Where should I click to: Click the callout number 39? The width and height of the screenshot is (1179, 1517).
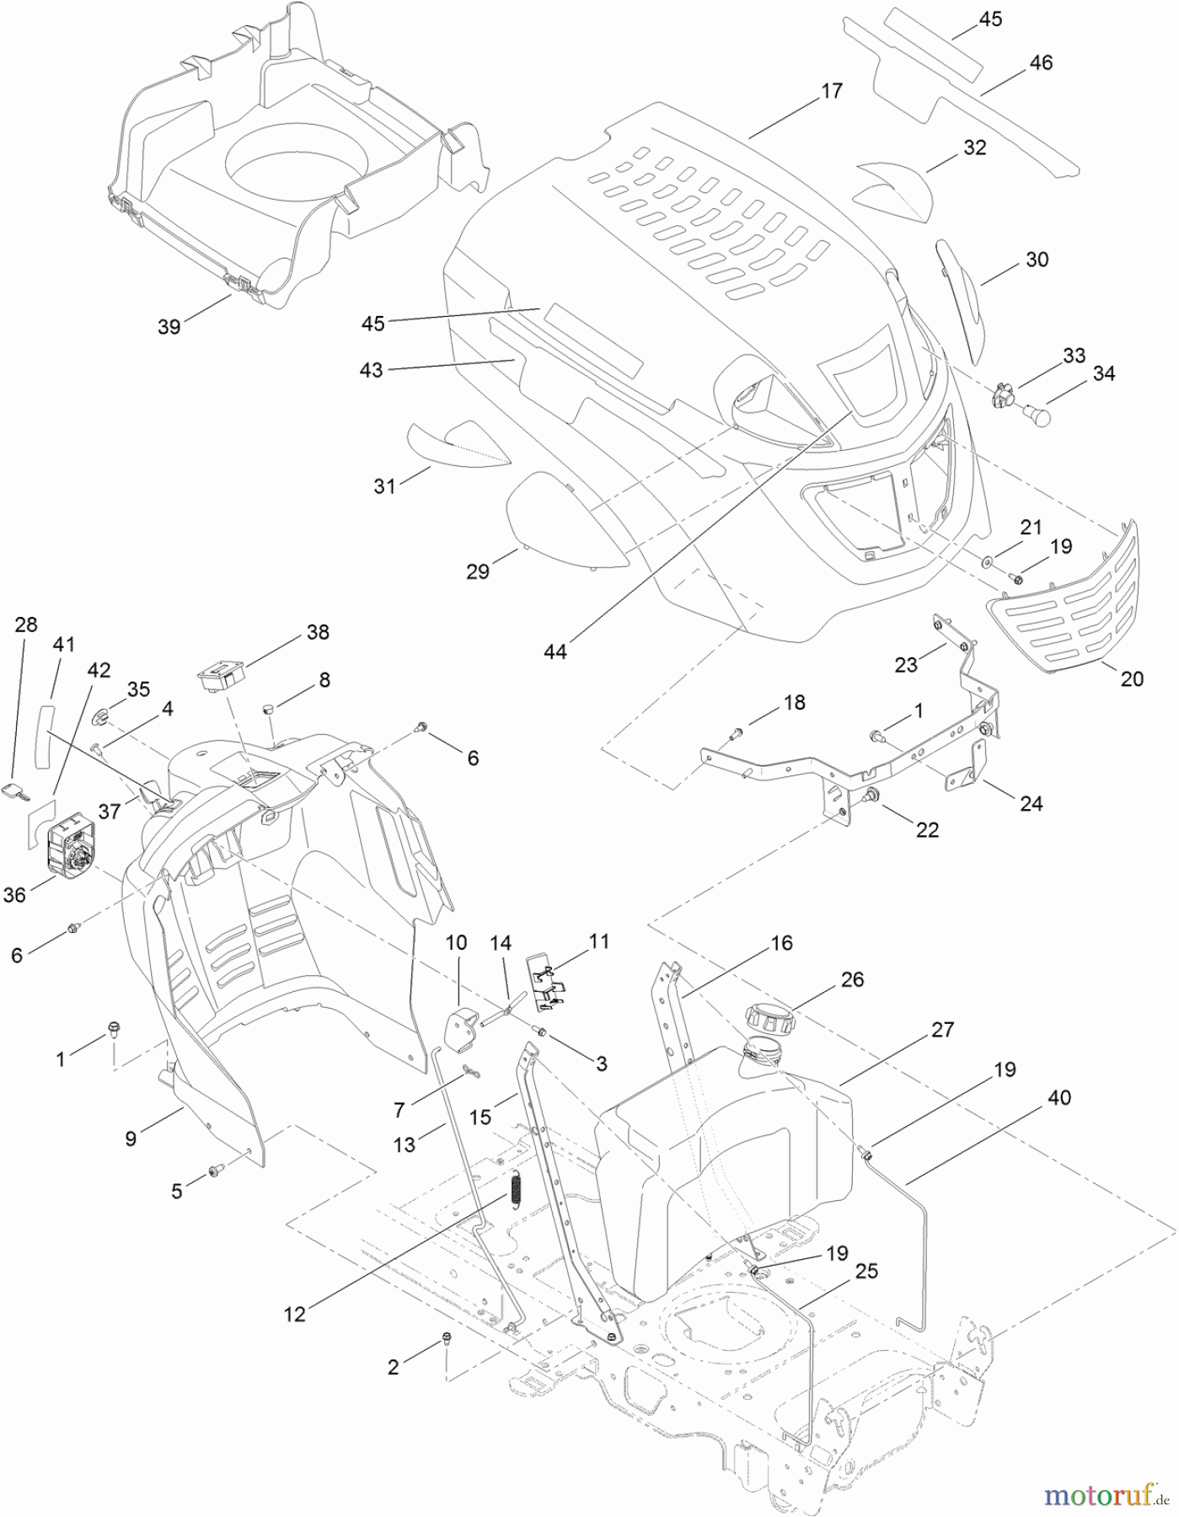pos(169,326)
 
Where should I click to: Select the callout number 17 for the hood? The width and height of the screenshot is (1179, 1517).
pos(831,91)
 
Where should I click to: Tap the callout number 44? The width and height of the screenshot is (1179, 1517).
pos(556,651)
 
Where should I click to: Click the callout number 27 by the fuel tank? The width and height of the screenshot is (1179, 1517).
pos(942,1029)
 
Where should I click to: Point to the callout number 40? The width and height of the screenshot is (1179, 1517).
pos(1059,1098)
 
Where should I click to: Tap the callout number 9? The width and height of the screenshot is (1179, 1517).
pos(131,1139)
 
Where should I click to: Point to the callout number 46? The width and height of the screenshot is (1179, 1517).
pos(1041,62)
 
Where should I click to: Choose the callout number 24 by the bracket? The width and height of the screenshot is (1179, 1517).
pos(1031,803)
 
